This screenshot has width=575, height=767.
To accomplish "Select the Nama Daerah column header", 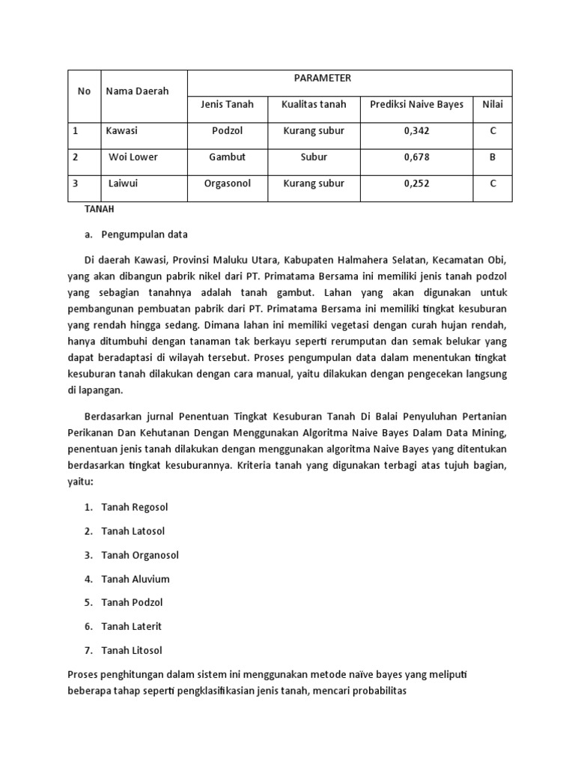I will point(137,91).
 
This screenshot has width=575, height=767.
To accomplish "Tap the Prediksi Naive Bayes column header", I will point(416,104).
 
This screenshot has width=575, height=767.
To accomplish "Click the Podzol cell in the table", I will point(228,130).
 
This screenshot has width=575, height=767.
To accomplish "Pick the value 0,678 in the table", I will point(416,157).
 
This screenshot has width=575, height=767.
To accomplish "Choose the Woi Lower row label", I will point(133,157).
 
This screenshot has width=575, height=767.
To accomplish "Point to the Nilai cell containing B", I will point(493,157).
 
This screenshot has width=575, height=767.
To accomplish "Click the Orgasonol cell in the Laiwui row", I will point(228,184).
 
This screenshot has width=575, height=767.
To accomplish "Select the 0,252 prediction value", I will point(416,184).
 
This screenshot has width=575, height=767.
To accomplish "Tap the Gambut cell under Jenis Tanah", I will point(228,157).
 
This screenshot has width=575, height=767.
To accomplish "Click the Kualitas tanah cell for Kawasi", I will point(314,130).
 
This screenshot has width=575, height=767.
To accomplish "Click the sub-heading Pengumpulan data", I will point(144,234).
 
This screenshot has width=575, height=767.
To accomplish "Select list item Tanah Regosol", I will point(135,507).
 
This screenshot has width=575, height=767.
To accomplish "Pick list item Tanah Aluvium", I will point(136,579).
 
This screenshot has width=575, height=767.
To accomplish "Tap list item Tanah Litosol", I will point(132,650).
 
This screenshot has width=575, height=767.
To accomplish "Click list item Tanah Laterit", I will point(132,626).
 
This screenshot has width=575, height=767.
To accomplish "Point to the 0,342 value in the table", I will point(416,130).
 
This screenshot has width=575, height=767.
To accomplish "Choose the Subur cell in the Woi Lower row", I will point(314,157).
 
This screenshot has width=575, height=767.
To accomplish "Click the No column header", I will point(84,91).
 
